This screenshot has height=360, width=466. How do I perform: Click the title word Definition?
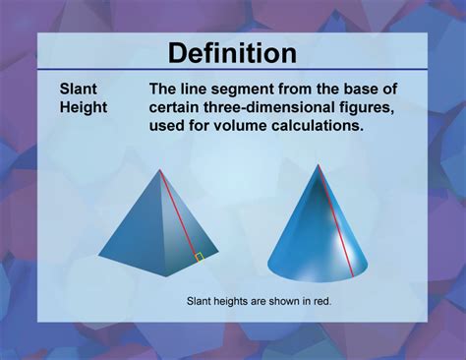pyautogui.click(x=232, y=52)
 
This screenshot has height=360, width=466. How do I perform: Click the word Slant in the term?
pyautogui.click(x=78, y=89)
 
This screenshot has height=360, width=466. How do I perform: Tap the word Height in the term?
pyautogui.click(x=85, y=106)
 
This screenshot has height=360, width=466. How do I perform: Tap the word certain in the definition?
pyautogui.click(x=176, y=106)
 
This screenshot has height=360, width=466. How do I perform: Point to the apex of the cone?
pyautogui.click(x=319, y=164)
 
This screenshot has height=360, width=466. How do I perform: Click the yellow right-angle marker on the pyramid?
pyautogui.click(x=199, y=257)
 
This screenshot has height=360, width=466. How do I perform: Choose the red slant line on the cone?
pyautogui.click(x=333, y=216)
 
